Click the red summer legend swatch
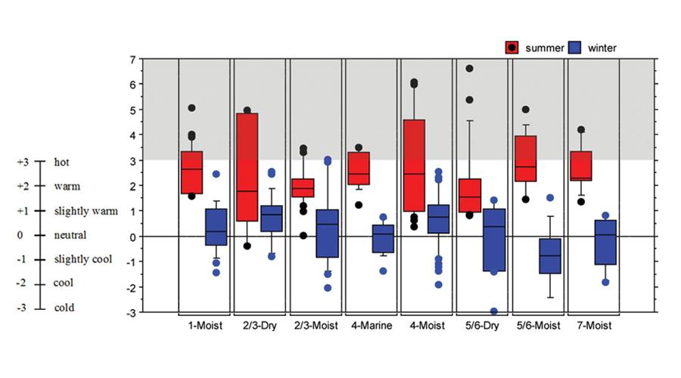coord(512,48)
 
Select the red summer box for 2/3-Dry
coord(247,167)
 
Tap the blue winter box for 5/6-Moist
coord(550,256)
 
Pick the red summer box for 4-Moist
coord(413,165)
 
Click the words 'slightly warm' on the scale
coord(86,211)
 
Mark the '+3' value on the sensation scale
coord(22,162)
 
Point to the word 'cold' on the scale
coord(64,308)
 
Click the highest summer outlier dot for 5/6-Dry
coord(469,69)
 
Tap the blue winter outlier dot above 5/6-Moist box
coord(550,198)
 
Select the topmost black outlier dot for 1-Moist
coord(192,108)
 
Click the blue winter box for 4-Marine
coord(383,238)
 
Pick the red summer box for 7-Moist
coord(581,166)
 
